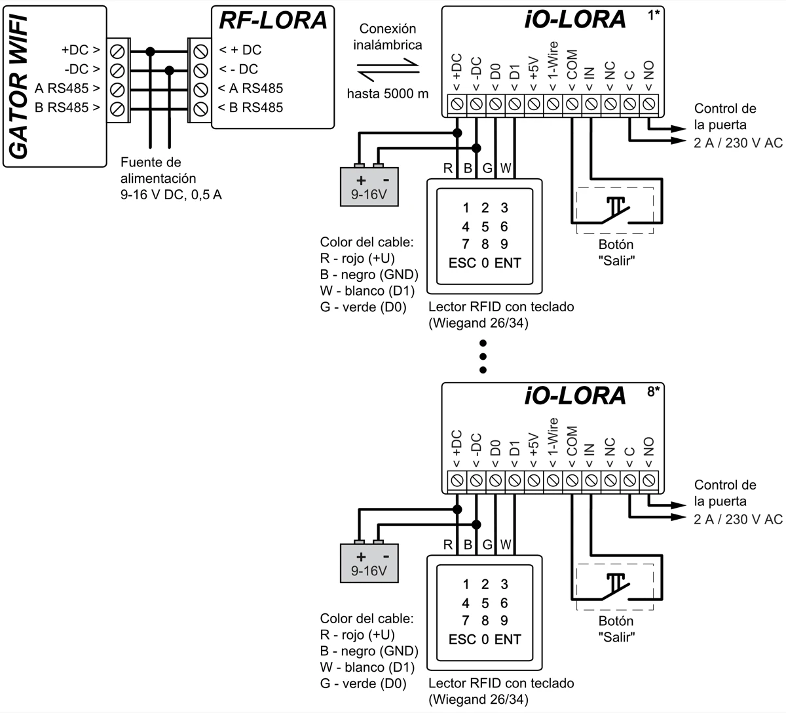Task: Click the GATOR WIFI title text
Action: coord(19,85)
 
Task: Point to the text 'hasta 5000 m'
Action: coord(388,94)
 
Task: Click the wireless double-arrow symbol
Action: coord(388,67)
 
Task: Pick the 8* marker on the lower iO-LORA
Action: coord(653,392)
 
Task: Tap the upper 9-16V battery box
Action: coord(369,187)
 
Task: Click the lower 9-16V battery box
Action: coord(369,563)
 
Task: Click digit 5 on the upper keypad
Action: coord(485,227)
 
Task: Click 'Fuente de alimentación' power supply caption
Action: coord(159,170)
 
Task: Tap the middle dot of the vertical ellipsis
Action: coord(483,356)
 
